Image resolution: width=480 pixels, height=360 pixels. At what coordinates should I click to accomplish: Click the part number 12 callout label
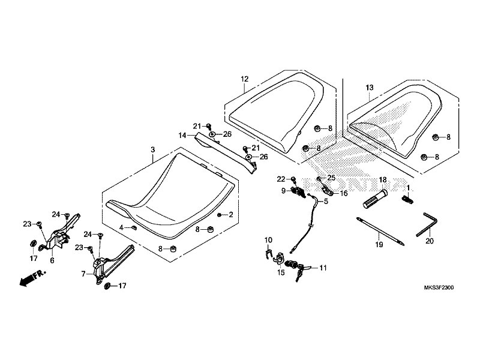[x=245, y=79]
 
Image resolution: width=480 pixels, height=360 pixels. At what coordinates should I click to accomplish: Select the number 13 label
[x=370, y=88]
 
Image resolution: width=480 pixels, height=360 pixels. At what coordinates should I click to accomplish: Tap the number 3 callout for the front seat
[x=153, y=149]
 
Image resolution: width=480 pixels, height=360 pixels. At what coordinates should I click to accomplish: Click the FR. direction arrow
[x=32, y=277]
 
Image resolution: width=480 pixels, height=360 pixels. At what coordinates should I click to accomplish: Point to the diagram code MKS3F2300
[x=439, y=288]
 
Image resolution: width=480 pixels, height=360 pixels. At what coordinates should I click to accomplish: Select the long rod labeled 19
[x=380, y=231]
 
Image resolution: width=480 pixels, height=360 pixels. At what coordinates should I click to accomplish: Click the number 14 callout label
[x=182, y=135]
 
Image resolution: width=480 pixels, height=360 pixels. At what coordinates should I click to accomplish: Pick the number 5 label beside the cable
[x=326, y=202]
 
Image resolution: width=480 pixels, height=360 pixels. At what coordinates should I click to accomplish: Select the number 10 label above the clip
[x=268, y=240]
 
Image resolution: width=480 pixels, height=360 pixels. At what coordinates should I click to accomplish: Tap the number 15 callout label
[x=281, y=272]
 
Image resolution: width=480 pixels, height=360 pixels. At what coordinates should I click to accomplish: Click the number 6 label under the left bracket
[x=52, y=260]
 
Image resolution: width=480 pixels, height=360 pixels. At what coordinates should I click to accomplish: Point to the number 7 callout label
[x=83, y=274]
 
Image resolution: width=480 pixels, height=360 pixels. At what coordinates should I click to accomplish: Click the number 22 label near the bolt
[x=281, y=179]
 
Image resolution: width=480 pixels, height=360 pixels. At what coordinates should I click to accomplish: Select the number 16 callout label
[x=343, y=193]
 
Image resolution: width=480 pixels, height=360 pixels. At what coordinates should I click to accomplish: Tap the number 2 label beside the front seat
[x=231, y=215]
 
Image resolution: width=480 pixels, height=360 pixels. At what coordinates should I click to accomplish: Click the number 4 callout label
[x=122, y=227]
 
